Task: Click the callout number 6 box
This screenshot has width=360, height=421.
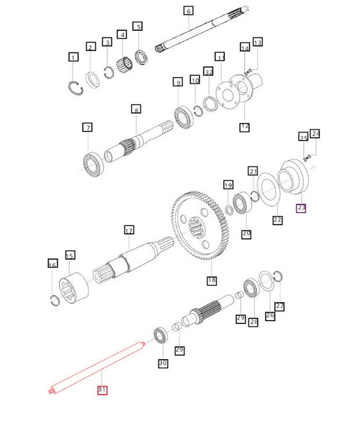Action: pyautogui.click(x=189, y=11)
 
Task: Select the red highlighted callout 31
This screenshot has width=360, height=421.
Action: pyautogui.click(x=102, y=390)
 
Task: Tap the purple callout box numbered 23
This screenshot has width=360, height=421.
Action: pyautogui.click(x=301, y=208)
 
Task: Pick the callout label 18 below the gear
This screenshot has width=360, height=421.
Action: pyautogui.click(x=212, y=280)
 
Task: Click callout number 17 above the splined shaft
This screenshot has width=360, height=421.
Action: pyautogui.click(x=129, y=231)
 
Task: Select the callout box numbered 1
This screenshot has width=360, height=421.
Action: pyautogui.click(x=73, y=57)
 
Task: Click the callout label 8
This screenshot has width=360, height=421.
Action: pyautogui.click(x=135, y=109)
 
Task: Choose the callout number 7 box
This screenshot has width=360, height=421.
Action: pyautogui.click(x=87, y=128)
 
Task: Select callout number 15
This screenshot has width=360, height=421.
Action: pyautogui.click(x=70, y=255)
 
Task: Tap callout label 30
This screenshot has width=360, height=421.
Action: pyautogui.click(x=163, y=363)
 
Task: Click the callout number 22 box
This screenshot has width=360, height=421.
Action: pyautogui.click(x=277, y=220)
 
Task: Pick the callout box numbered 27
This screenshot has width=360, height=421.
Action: pyautogui.click(x=279, y=306)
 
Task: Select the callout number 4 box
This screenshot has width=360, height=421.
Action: pyautogui.click(x=122, y=35)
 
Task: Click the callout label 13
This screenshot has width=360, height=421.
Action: pyautogui.click(x=258, y=42)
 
